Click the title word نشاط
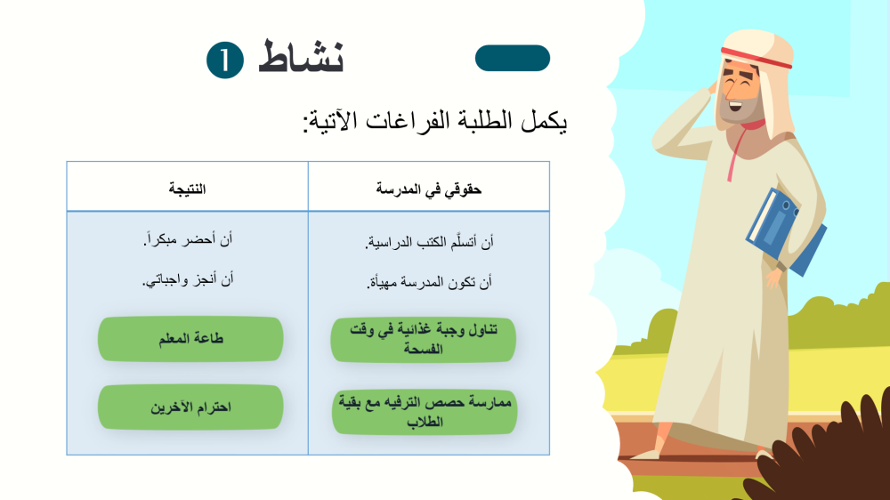pyautogui.click(x=301, y=57)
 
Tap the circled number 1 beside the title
pyautogui.click(x=225, y=60)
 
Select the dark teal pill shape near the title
pyautogui.click(x=513, y=58)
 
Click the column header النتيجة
pyautogui.click(x=187, y=189)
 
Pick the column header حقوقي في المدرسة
pyautogui.click(x=429, y=190)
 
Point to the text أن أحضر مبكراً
pyautogui.click(x=188, y=240)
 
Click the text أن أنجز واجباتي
pyautogui.click(x=187, y=279)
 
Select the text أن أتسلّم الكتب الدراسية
pyautogui.click(x=429, y=243)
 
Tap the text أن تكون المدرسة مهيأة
pyautogui.click(x=429, y=282)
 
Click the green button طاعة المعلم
pyautogui.click(x=190, y=339)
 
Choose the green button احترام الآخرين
pyautogui.click(x=190, y=407)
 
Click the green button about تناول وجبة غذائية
pyautogui.click(x=424, y=339)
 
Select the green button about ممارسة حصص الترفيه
pyautogui.click(x=425, y=412)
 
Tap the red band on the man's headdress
pyautogui.click(x=756, y=58)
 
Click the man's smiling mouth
pyautogui.click(x=736, y=106)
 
